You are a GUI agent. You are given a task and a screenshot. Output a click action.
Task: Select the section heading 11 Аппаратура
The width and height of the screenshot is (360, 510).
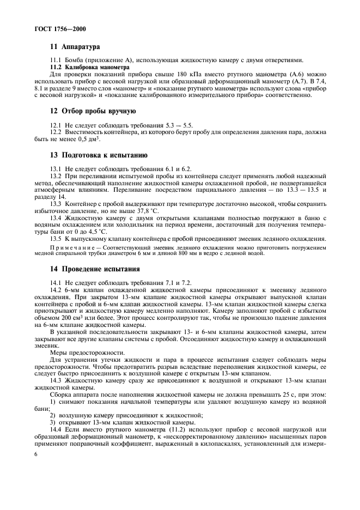click(x=75, y=47)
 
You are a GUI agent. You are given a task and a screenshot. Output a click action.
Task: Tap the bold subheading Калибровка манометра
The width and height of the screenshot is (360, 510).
click(x=97, y=67)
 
